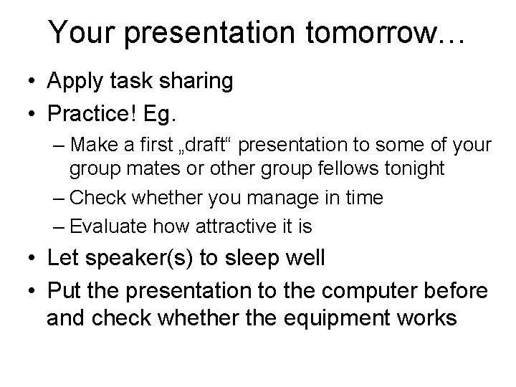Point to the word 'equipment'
tap(343, 317)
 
